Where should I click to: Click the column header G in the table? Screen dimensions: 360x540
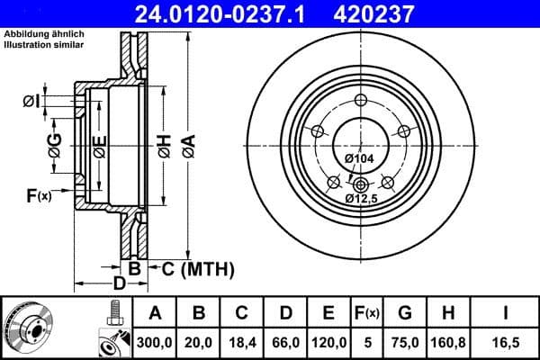click(x=404, y=312)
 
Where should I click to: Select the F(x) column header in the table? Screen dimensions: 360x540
click(x=366, y=312)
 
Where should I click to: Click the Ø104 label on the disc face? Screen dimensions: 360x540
click(x=360, y=159)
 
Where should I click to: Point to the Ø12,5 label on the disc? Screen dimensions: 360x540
click(x=363, y=197)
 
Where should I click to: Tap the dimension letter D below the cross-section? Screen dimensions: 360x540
click(x=118, y=287)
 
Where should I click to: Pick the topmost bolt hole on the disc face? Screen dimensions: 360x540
click(x=361, y=100)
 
